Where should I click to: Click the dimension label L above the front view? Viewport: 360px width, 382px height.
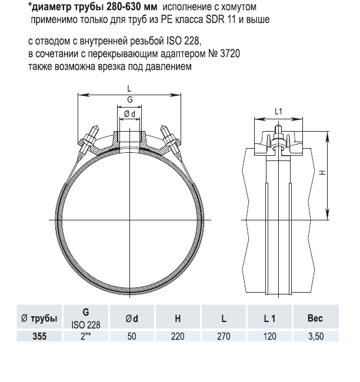129,89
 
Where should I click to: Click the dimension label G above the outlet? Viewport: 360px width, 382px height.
130,100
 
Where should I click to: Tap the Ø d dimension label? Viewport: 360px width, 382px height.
129,114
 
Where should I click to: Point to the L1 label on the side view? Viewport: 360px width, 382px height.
278,112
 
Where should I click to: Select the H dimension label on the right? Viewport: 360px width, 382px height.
323,172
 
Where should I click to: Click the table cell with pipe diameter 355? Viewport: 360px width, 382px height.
39,336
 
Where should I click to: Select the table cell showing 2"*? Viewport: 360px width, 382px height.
86,336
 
